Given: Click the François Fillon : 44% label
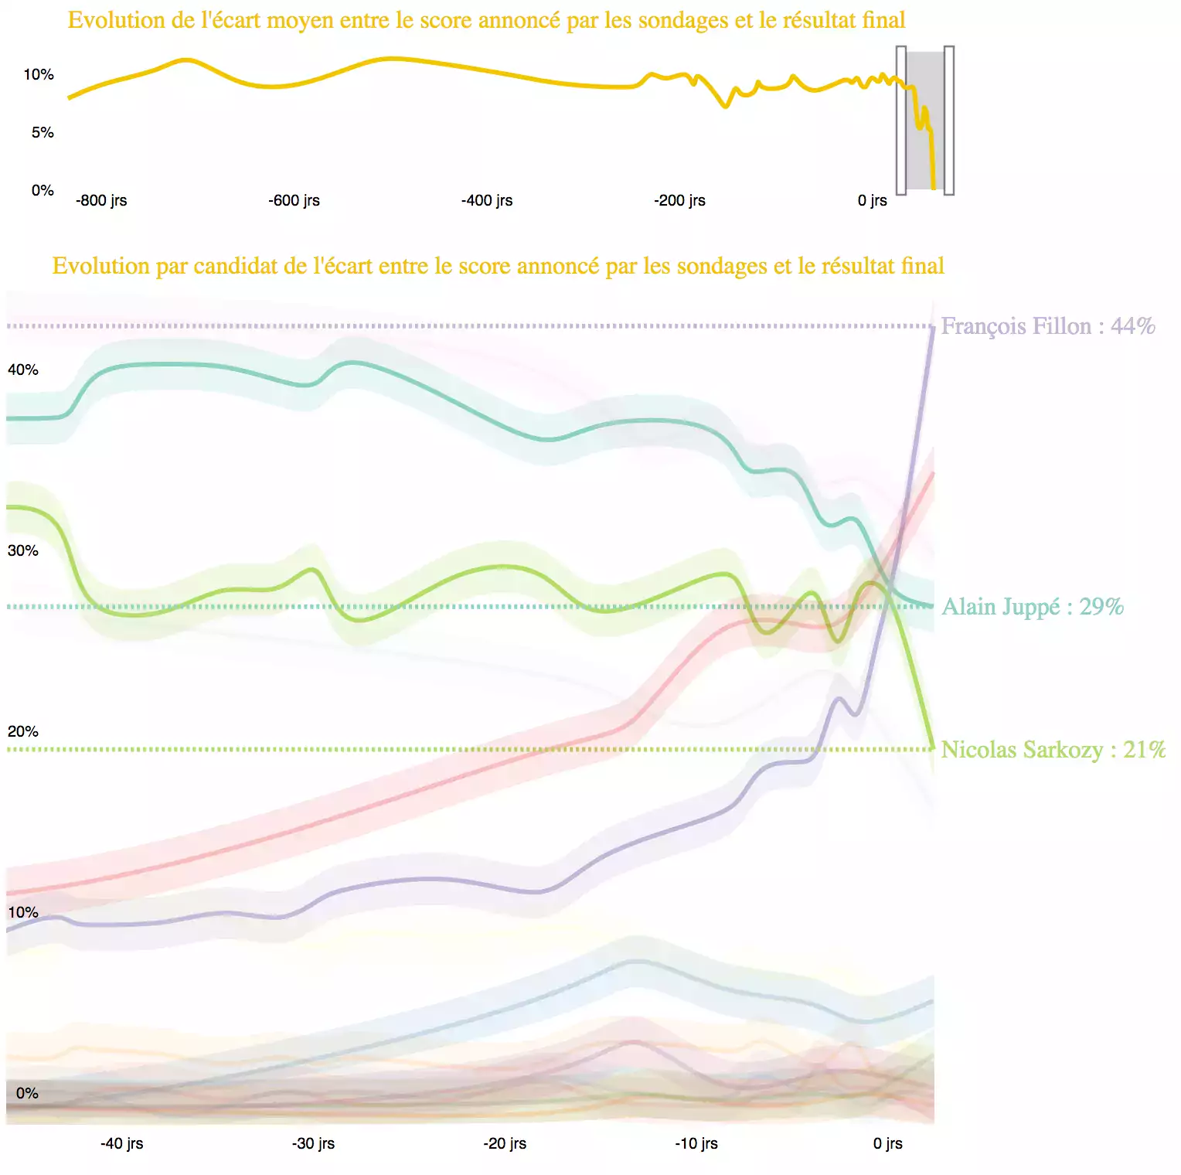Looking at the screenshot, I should pyautogui.click(x=1047, y=326).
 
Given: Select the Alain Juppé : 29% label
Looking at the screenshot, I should pyautogui.click(x=1032, y=607).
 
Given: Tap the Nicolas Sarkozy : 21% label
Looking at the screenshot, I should pyautogui.click(x=1053, y=750).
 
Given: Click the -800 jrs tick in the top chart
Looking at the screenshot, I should pyautogui.click(x=101, y=200).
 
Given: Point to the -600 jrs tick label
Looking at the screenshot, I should pyautogui.click(x=294, y=200).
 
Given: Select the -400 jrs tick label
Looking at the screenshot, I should pyautogui.click(x=487, y=200).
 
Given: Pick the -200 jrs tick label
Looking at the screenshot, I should pyautogui.click(x=679, y=200).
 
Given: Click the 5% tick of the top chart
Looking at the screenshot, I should pyautogui.click(x=43, y=132).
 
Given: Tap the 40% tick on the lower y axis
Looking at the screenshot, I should pyautogui.click(x=23, y=370).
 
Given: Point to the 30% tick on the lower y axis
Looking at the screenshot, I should pyautogui.click(x=23, y=550).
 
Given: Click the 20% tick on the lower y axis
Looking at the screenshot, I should pyautogui.click(x=23, y=731).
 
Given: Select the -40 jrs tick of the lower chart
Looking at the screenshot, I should pyautogui.click(x=121, y=1143).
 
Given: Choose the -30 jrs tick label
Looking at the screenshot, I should pyautogui.click(x=313, y=1143).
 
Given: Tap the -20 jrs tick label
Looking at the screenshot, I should pyautogui.click(x=505, y=1143).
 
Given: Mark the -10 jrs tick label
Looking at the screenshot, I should pyautogui.click(x=696, y=1143).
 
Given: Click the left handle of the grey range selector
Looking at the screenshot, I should pyautogui.click(x=901, y=120).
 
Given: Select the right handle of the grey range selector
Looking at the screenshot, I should pyautogui.click(x=949, y=120).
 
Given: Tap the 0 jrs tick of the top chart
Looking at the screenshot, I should pyautogui.click(x=872, y=200).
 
